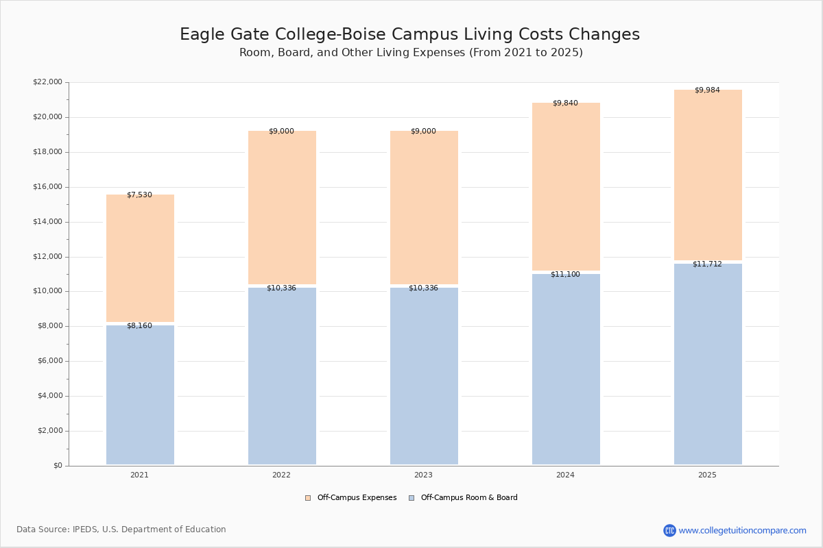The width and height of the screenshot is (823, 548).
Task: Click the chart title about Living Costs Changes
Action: coord(409,35)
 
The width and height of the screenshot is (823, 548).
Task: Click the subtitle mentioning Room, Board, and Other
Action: coord(411,53)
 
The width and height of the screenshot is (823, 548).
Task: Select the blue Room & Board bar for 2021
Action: coord(140,395)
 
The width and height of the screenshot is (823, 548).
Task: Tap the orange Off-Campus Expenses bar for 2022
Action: coord(282,208)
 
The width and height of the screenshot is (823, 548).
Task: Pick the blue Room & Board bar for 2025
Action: coord(708,364)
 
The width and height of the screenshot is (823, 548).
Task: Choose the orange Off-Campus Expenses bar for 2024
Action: coord(566,186)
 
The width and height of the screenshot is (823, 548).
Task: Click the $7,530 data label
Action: coord(139,195)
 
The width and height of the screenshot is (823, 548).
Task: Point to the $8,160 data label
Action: coord(139,326)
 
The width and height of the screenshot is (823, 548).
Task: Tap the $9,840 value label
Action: coord(565,103)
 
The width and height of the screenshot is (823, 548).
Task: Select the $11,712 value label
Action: coord(707,264)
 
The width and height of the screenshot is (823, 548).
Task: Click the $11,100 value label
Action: coord(565,275)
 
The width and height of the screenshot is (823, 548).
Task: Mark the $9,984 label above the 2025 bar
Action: coord(707,90)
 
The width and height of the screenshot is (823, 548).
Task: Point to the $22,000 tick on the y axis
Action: coord(47,82)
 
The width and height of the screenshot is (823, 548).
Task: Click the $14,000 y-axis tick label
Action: coord(47,222)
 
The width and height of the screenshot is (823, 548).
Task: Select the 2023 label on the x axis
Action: coord(423,475)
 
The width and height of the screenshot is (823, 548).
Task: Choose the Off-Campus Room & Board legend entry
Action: coord(468,498)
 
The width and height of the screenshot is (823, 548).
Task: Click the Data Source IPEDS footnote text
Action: coord(121,530)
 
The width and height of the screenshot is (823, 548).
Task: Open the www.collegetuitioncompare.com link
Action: coord(742,530)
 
